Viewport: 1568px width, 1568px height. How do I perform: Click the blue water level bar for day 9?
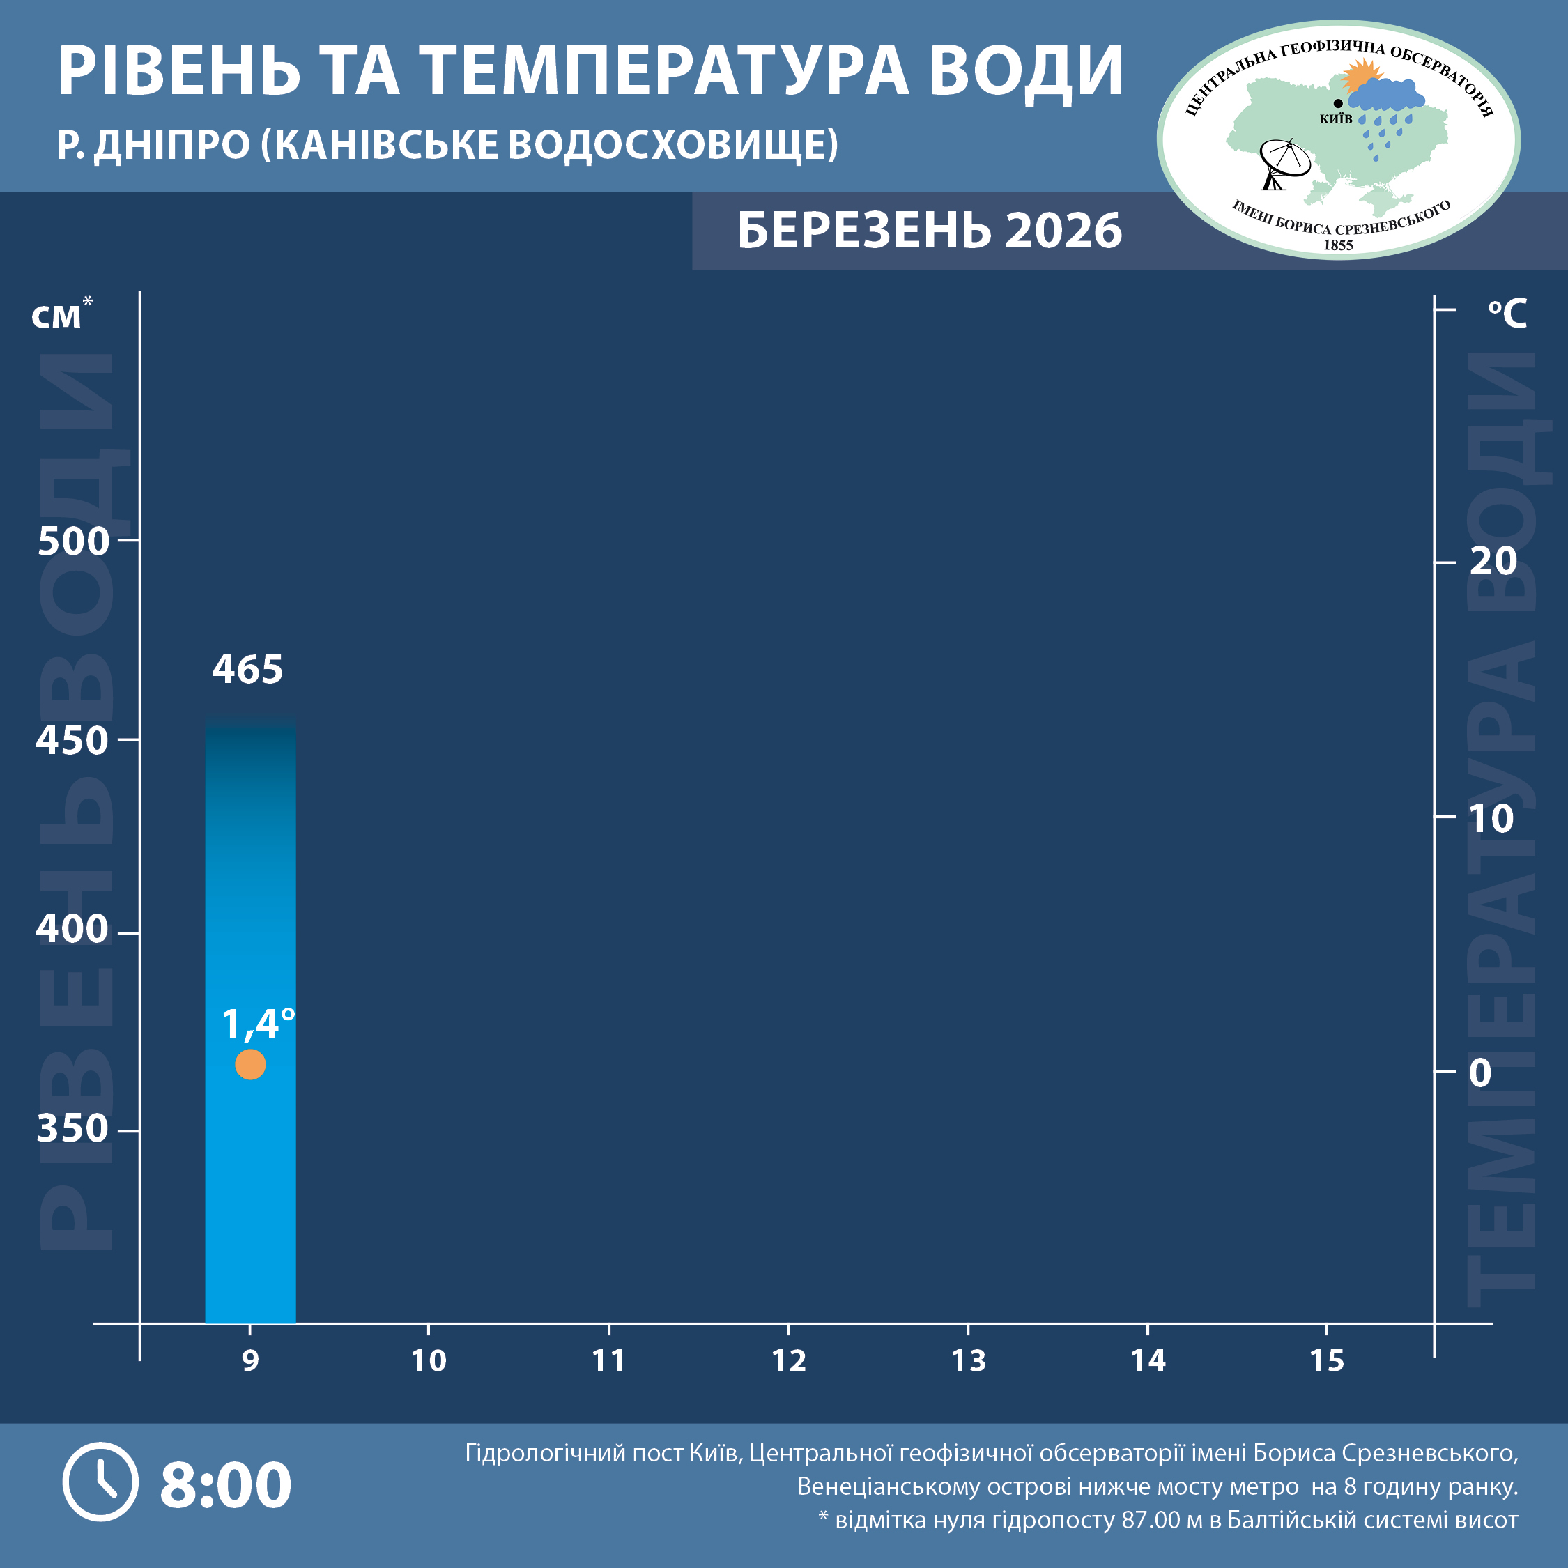tap(250, 893)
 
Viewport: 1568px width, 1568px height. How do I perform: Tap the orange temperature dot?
tap(250, 1064)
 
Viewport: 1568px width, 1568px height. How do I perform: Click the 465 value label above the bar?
tap(247, 670)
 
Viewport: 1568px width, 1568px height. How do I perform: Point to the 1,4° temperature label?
tap(257, 1024)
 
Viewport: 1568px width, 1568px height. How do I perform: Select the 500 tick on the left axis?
tap(73, 541)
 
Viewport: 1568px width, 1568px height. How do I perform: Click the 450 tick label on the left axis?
tap(72, 741)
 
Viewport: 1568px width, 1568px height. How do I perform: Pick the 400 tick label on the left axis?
tap(72, 929)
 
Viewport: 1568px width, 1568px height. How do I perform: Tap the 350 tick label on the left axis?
tap(72, 1129)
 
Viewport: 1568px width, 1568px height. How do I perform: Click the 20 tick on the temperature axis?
tap(1492, 562)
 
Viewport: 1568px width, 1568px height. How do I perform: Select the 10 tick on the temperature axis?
tap(1490, 819)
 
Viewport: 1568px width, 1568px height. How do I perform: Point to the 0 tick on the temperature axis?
tap(1479, 1073)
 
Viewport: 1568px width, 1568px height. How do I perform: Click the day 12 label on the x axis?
tap(788, 1360)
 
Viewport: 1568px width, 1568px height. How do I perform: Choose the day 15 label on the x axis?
tap(1326, 1360)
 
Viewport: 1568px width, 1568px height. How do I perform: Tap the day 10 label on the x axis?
tap(429, 1360)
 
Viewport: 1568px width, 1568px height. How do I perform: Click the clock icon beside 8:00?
tap(100, 1482)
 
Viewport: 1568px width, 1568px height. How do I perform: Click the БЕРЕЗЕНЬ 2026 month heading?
tap(929, 231)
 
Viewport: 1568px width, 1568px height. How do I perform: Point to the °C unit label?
tap(1507, 314)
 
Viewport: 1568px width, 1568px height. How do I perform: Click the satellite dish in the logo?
tap(1282, 162)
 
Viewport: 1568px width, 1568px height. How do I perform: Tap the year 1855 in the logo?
tap(1338, 245)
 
